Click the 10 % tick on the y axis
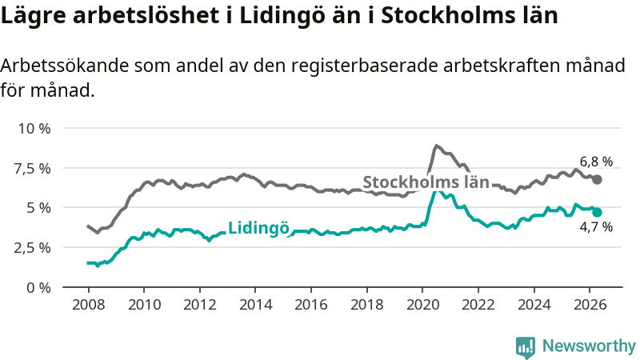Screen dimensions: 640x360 coord(34,129)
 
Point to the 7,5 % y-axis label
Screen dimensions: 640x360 coord(33,168)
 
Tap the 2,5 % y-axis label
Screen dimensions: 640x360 coord(33,248)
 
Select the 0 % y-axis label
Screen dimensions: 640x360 coord(38,288)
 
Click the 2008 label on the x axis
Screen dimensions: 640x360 coord(89,305)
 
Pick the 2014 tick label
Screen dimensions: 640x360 coord(255,305)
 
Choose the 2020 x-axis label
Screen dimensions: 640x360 coord(422,305)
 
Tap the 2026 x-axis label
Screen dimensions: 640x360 coord(590,305)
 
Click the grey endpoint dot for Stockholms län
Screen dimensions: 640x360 coord(597,179)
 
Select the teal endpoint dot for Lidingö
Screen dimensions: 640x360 coord(597,212)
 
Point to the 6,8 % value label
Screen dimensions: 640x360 coord(596,162)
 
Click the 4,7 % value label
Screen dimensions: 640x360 coord(596,227)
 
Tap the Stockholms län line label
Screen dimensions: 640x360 coord(426,182)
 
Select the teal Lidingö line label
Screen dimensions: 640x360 coord(258,228)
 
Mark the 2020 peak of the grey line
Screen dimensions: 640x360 coord(436,146)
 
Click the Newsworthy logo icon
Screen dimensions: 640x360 coord(526,347)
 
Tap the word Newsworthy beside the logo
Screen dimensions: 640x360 coord(589,346)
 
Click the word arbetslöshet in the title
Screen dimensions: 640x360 coord(146,15)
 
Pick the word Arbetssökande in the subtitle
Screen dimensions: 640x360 coord(65,66)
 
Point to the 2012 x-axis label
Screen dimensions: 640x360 coord(200,305)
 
